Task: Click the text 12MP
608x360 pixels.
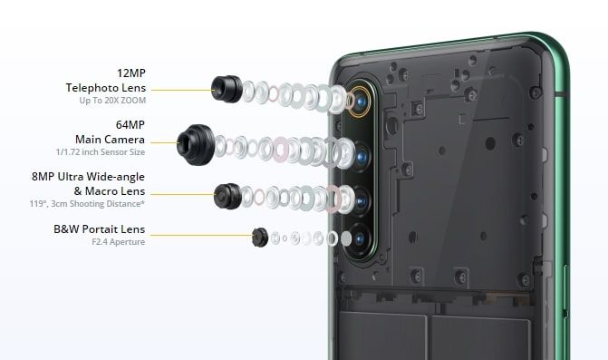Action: (131, 73)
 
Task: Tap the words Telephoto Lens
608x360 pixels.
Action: (106, 88)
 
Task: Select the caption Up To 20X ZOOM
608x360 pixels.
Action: (112, 100)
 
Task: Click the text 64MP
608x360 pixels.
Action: (130, 125)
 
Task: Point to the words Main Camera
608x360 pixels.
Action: (111, 140)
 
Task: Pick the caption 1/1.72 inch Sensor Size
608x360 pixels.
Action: (101, 152)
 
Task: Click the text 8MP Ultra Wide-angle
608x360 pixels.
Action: (89, 177)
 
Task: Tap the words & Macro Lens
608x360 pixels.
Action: (110, 191)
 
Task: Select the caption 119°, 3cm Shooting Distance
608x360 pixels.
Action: (87, 204)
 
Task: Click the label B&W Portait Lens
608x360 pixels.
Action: (100, 229)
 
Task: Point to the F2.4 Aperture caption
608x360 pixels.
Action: (119, 242)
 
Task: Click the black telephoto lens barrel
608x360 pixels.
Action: (227, 89)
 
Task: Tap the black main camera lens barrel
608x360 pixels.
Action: (196, 145)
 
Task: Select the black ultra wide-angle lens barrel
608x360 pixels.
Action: (227, 196)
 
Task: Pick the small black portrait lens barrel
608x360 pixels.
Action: (260, 237)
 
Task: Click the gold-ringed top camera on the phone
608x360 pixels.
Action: (361, 102)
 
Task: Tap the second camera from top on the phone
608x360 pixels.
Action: (361, 157)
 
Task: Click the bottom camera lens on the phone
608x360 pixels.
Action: (360, 239)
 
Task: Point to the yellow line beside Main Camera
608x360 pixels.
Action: (164, 142)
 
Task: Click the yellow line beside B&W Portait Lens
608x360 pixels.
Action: (202, 235)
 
